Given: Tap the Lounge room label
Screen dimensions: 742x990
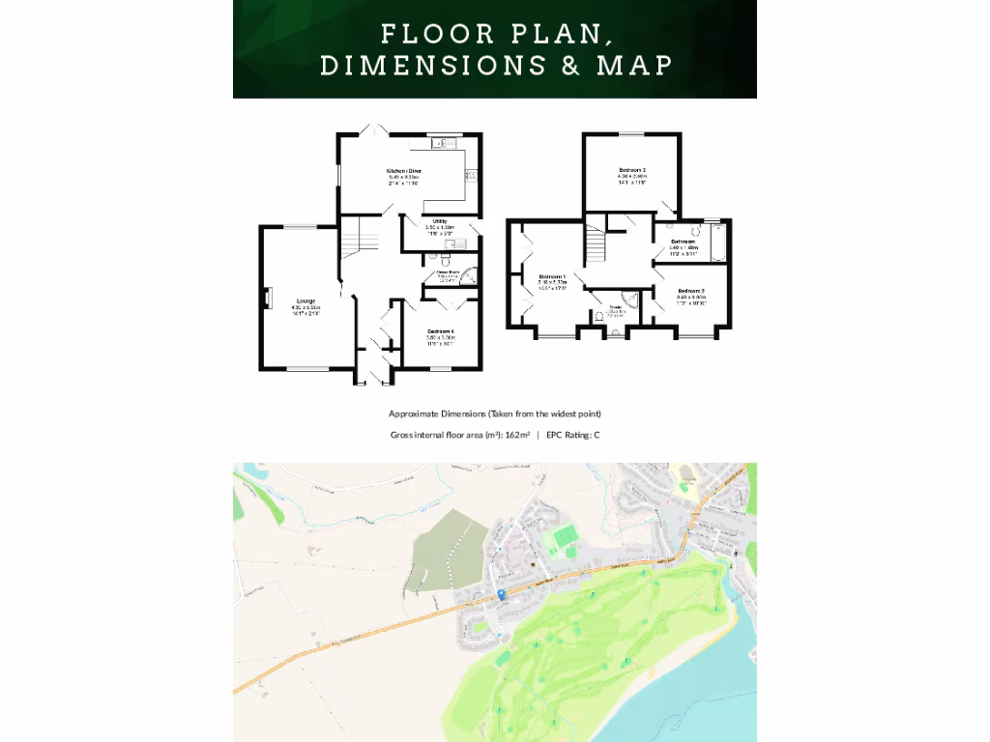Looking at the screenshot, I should [x=306, y=301].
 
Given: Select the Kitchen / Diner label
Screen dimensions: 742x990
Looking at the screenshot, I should [x=404, y=170].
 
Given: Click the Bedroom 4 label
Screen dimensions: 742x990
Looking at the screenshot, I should [x=441, y=331].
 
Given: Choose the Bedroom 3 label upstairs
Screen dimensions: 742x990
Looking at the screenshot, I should [x=632, y=170].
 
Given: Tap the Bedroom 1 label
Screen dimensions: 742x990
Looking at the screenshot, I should [x=552, y=276].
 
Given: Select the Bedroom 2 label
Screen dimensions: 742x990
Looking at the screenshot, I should [x=690, y=291].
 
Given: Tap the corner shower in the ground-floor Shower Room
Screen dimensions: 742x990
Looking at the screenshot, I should [x=468, y=275].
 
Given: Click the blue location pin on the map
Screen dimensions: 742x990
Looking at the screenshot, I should [x=501, y=594].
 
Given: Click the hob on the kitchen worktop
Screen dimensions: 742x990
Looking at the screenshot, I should [x=471, y=175].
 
